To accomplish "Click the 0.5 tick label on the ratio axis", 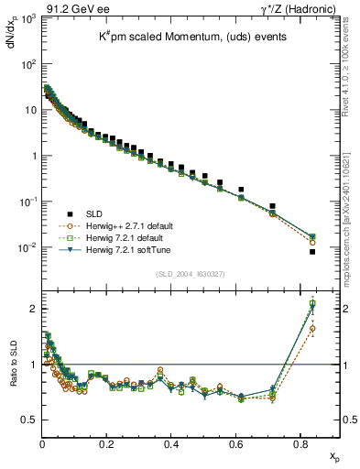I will pos(29,420).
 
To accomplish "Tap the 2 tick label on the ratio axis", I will pos(34,309).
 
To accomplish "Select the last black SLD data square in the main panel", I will pos(312,252).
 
